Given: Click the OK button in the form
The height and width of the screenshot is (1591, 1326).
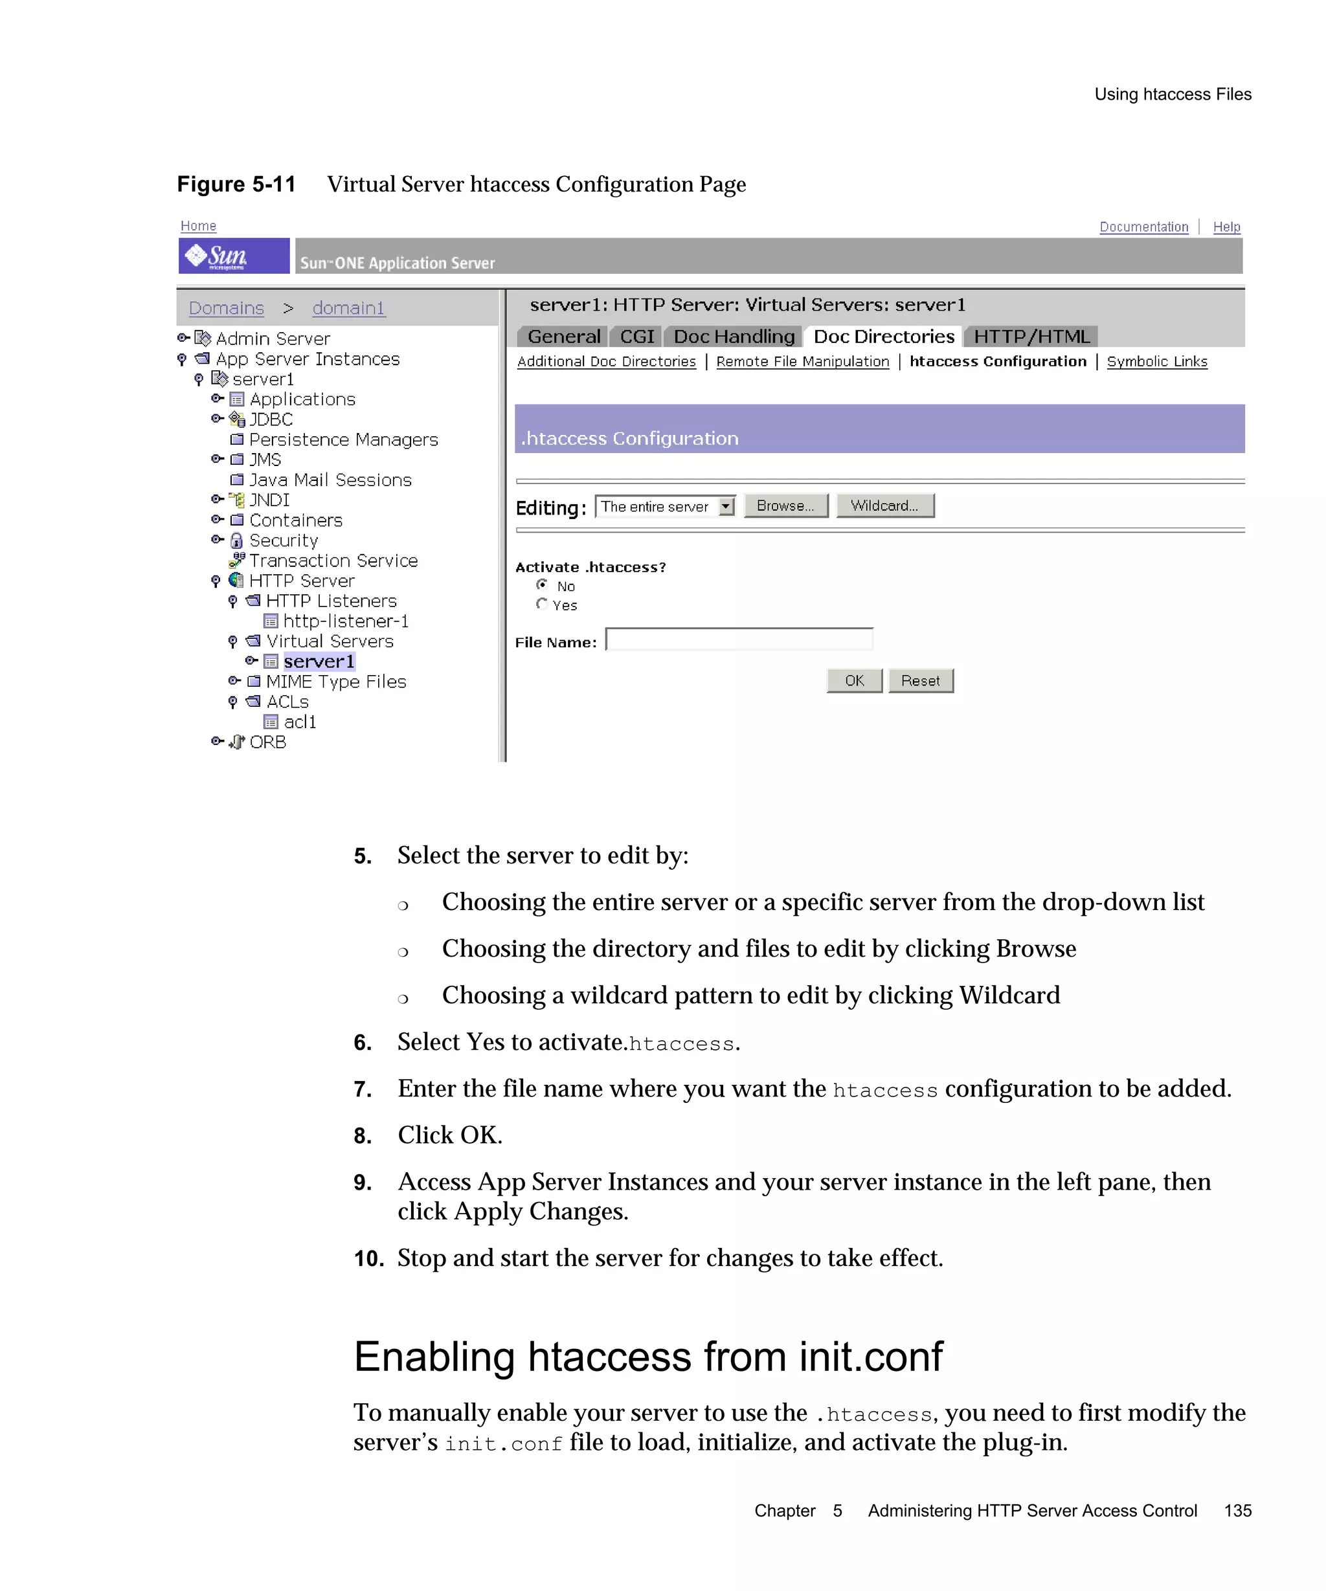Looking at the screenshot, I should click(854, 680).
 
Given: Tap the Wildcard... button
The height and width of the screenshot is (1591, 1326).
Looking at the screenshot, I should click(884, 506).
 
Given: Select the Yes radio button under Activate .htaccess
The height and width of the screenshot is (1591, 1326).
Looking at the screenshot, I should click(542, 604).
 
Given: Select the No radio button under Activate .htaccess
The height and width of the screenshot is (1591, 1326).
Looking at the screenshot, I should click(542, 585).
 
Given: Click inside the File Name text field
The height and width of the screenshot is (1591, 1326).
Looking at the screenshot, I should click(739, 640).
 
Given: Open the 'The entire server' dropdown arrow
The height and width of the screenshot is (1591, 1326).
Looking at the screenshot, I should click(726, 506).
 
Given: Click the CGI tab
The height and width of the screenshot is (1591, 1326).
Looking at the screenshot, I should click(636, 337).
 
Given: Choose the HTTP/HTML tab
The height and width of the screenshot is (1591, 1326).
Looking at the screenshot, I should click(1031, 337).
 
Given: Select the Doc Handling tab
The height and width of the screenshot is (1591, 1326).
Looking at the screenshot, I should click(734, 337).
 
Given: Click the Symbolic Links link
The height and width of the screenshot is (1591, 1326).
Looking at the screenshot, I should click(1156, 361).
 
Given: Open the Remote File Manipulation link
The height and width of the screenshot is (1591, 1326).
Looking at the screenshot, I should click(802, 361).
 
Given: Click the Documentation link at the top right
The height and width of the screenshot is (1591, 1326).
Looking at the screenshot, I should click(1143, 227).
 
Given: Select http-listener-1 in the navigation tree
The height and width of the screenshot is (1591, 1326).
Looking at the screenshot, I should click(346, 621).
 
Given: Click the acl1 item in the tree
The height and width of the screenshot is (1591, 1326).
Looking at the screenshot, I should click(299, 722).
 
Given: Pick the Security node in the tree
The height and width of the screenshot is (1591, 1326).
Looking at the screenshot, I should click(284, 540).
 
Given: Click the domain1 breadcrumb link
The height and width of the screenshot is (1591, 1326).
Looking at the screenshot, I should click(348, 307).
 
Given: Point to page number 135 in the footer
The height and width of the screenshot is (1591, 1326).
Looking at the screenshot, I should click(1237, 1511).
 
